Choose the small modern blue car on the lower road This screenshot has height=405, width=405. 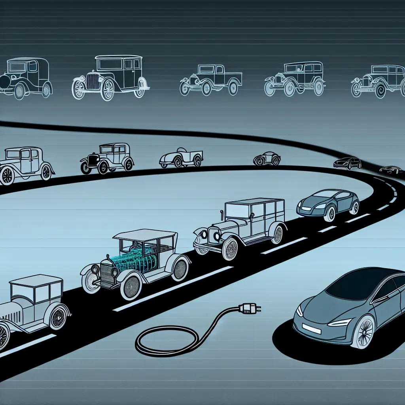(x=328, y=203)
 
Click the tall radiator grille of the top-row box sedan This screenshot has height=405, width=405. (x=93, y=81)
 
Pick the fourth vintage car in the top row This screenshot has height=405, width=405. (x=295, y=79)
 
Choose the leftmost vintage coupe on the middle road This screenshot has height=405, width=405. (x=26, y=164)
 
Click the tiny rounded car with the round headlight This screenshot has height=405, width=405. (x=267, y=158)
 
